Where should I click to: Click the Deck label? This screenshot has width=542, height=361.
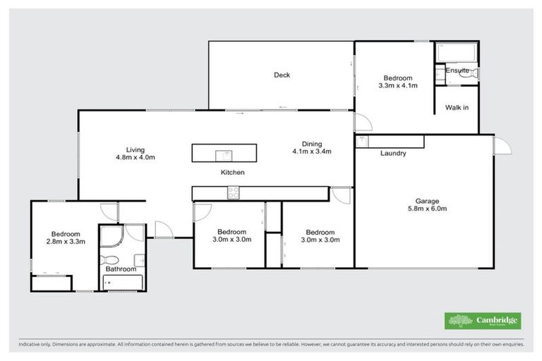(282, 75)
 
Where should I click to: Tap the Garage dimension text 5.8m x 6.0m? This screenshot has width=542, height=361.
(427, 209)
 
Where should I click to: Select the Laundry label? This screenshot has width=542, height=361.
(392, 153)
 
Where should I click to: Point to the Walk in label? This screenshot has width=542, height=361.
(457, 108)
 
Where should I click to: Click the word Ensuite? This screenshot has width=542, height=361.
(457, 71)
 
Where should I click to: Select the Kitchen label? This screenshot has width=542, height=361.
(232, 172)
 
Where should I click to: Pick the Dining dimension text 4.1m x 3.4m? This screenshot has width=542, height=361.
(311, 151)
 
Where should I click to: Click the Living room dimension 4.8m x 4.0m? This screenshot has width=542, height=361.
(135, 158)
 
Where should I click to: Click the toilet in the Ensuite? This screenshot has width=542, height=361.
(474, 73)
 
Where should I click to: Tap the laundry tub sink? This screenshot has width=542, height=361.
(363, 142)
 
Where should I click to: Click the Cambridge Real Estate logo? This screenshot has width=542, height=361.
(482, 321)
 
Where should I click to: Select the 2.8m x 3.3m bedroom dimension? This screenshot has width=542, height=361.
(65, 243)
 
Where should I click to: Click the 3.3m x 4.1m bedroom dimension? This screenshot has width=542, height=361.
(398, 86)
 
